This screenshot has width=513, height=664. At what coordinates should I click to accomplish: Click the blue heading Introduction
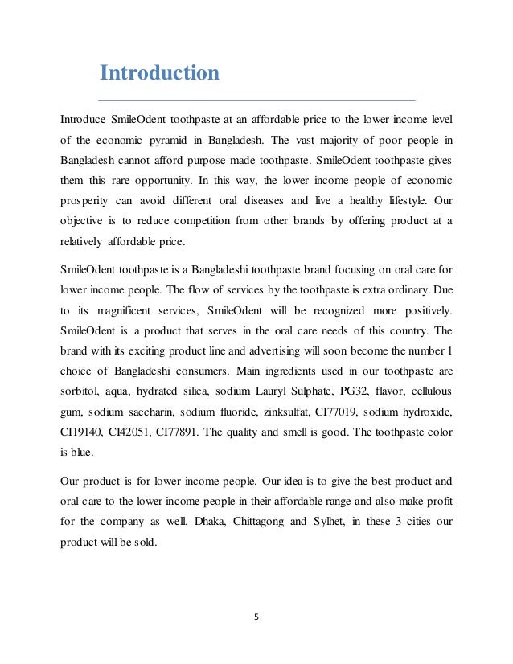[158, 74]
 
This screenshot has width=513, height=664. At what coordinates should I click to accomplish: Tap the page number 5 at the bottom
[256, 619]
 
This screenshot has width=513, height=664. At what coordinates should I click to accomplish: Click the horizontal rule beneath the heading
[256, 100]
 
